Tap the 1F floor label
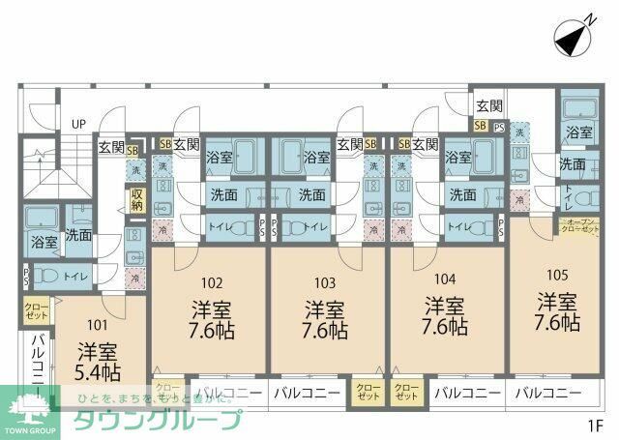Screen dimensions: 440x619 (591, 424)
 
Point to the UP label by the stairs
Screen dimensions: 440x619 (78, 124)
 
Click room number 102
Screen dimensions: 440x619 (212, 283)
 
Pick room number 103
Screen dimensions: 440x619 (325, 283)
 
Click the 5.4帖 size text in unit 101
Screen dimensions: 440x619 (99, 372)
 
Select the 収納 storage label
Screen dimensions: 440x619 (137, 199)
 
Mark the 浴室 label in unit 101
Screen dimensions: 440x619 (44, 242)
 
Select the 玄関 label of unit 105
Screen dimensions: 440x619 (489, 106)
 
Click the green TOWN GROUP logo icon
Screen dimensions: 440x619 (29, 406)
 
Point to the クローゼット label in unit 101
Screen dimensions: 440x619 (37, 310)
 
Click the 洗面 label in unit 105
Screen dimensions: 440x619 (573, 164)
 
